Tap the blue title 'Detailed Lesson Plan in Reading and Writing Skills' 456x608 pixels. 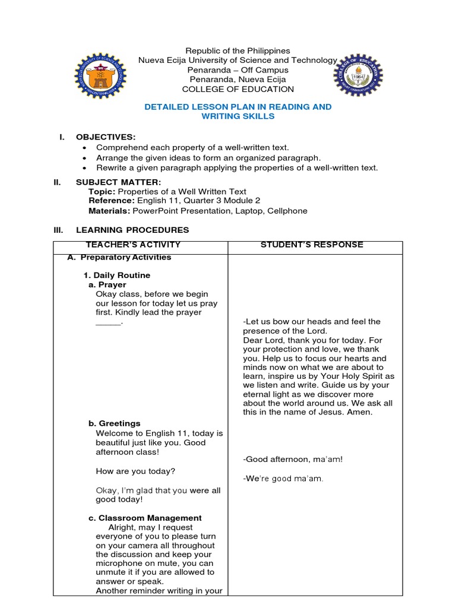(x=238, y=112)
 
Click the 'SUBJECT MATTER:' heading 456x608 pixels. (x=118, y=182)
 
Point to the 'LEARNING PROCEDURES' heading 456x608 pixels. (x=132, y=230)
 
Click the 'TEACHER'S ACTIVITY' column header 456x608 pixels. (x=133, y=245)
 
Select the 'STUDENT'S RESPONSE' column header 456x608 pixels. (x=312, y=245)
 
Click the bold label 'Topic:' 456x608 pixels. (x=102, y=192)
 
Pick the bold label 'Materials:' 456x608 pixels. (x=109, y=211)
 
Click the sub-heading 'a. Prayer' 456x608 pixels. (x=107, y=285)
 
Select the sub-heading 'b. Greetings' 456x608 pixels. (x=115, y=423)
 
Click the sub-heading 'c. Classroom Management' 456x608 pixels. (x=145, y=518)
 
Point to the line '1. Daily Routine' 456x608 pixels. (x=116, y=275)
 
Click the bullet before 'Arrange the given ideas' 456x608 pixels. (x=86, y=158)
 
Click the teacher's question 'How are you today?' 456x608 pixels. (x=135, y=471)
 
